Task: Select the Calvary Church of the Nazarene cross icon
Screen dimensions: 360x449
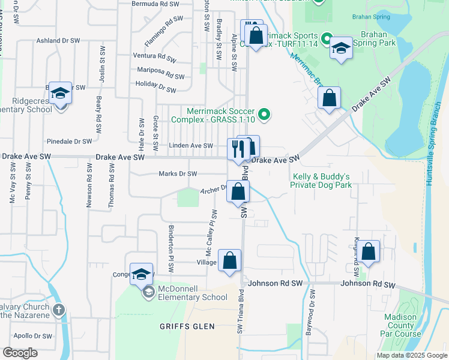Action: point(58,310)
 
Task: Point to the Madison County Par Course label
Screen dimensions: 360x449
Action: point(401,325)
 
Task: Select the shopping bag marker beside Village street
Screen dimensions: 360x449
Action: point(229,261)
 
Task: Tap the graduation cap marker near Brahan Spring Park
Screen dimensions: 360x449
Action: point(340,49)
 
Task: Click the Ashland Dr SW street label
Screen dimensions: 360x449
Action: point(58,41)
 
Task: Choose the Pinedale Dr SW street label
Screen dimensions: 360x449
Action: point(70,142)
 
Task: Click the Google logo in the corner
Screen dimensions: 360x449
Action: point(19,353)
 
